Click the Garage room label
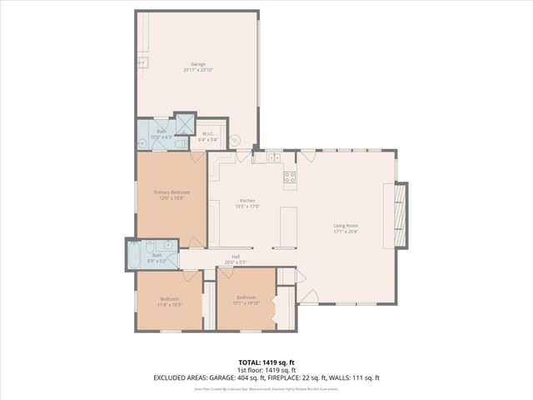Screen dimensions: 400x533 [x=198, y=64]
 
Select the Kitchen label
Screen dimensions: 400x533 [x=247, y=201]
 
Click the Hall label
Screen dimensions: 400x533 [x=247, y=257]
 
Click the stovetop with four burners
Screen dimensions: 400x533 [x=290, y=176]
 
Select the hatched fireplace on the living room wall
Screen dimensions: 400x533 [x=402, y=215]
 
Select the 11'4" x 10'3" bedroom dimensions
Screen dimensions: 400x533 [x=170, y=304]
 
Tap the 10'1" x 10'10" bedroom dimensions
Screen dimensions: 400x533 [x=247, y=302]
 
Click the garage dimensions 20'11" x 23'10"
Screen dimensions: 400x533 [x=198, y=69]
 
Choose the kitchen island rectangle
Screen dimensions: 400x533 [x=288, y=226]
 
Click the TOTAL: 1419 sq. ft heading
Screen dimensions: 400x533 [x=266, y=362]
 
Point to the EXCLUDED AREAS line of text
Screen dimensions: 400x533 [x=266, y=377]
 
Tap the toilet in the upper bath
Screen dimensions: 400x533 [x=180, y=144]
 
